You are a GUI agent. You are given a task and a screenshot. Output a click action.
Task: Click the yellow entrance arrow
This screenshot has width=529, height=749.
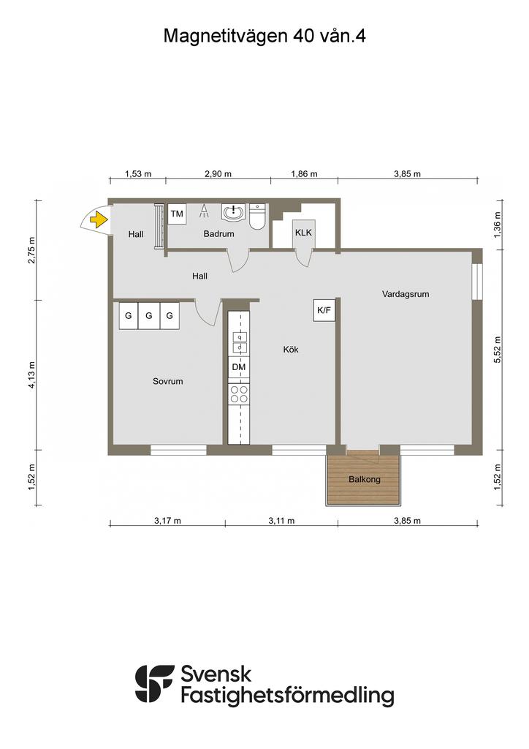point(97,219)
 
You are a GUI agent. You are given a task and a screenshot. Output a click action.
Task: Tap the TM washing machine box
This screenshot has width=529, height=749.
point(177,214)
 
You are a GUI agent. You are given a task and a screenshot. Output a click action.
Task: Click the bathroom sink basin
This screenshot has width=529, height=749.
point(233,213)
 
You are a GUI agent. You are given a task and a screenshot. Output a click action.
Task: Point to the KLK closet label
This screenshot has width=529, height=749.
point(303,233)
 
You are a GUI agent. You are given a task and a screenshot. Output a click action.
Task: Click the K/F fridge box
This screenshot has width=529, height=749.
point(324,310)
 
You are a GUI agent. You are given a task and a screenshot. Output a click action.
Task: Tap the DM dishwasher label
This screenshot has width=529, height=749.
point(238,367)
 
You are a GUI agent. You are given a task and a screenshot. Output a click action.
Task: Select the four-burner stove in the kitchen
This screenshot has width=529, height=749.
point(238,394)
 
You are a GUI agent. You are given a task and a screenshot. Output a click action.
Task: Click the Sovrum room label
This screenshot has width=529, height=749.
point(167,381)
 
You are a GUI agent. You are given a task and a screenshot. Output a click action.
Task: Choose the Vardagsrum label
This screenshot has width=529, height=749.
point(406,294)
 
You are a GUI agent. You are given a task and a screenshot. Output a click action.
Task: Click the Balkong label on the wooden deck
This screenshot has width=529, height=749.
point(365,479)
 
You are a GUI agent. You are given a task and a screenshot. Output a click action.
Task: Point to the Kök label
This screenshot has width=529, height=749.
point(291,350)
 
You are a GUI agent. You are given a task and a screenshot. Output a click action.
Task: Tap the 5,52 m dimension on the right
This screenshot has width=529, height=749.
point(498,350)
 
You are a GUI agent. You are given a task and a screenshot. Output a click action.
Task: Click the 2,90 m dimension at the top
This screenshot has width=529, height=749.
point(218,174)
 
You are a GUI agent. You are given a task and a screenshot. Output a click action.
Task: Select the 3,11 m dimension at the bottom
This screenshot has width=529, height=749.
point(281,521)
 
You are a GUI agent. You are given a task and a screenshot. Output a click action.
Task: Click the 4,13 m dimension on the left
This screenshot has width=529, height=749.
point(31,374)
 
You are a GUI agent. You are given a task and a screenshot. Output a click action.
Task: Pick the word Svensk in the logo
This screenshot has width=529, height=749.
point(216,674)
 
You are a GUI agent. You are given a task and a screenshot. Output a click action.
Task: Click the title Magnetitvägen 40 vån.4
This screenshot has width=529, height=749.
point(264,36)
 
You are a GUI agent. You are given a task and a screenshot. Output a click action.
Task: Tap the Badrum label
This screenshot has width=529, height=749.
point(219,234)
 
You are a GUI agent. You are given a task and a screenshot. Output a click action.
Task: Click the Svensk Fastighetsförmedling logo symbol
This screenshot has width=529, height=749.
point(155,684)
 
